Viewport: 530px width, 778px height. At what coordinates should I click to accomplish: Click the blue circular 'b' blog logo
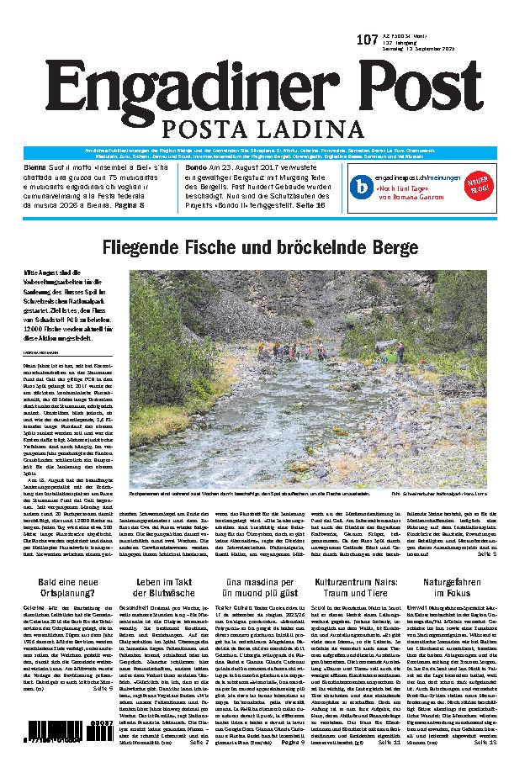point(361,184)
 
